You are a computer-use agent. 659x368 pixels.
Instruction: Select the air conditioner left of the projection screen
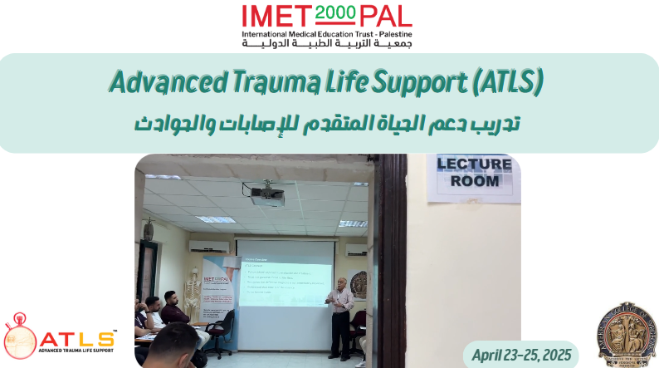point(203,246)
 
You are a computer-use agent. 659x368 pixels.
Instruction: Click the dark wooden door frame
point(390,258)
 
